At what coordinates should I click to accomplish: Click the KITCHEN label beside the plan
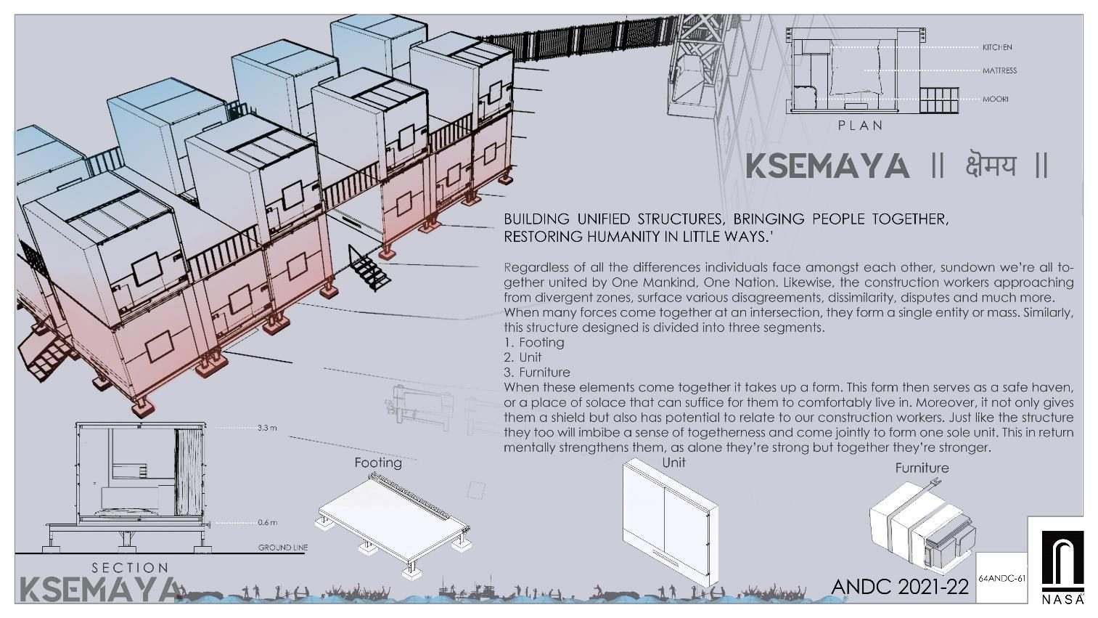[997, 47]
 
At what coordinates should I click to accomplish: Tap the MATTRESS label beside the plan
[999, 70]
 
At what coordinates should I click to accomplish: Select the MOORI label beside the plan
[996, 99]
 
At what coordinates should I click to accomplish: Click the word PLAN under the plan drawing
[861, 126]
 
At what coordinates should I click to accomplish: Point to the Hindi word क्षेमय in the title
[990, 166]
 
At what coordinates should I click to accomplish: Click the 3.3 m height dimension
[267, 428]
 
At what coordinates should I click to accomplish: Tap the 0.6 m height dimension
[268, 523]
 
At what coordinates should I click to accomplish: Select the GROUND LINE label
[283, 548]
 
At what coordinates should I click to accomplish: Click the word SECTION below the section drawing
[131, 568]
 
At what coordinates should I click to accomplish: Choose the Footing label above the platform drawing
[378, 463]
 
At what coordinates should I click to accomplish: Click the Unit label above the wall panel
[673, 462]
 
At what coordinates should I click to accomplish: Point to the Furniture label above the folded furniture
[922, 468]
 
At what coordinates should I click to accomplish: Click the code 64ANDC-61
[1002, 578]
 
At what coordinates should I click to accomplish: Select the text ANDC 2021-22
[900, 587]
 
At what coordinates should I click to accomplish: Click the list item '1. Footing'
[534, 342]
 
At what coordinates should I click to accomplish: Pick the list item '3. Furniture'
[537, 373]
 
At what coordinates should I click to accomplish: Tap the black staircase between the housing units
[369, 267]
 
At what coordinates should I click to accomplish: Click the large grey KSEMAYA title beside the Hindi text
[827, 166]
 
